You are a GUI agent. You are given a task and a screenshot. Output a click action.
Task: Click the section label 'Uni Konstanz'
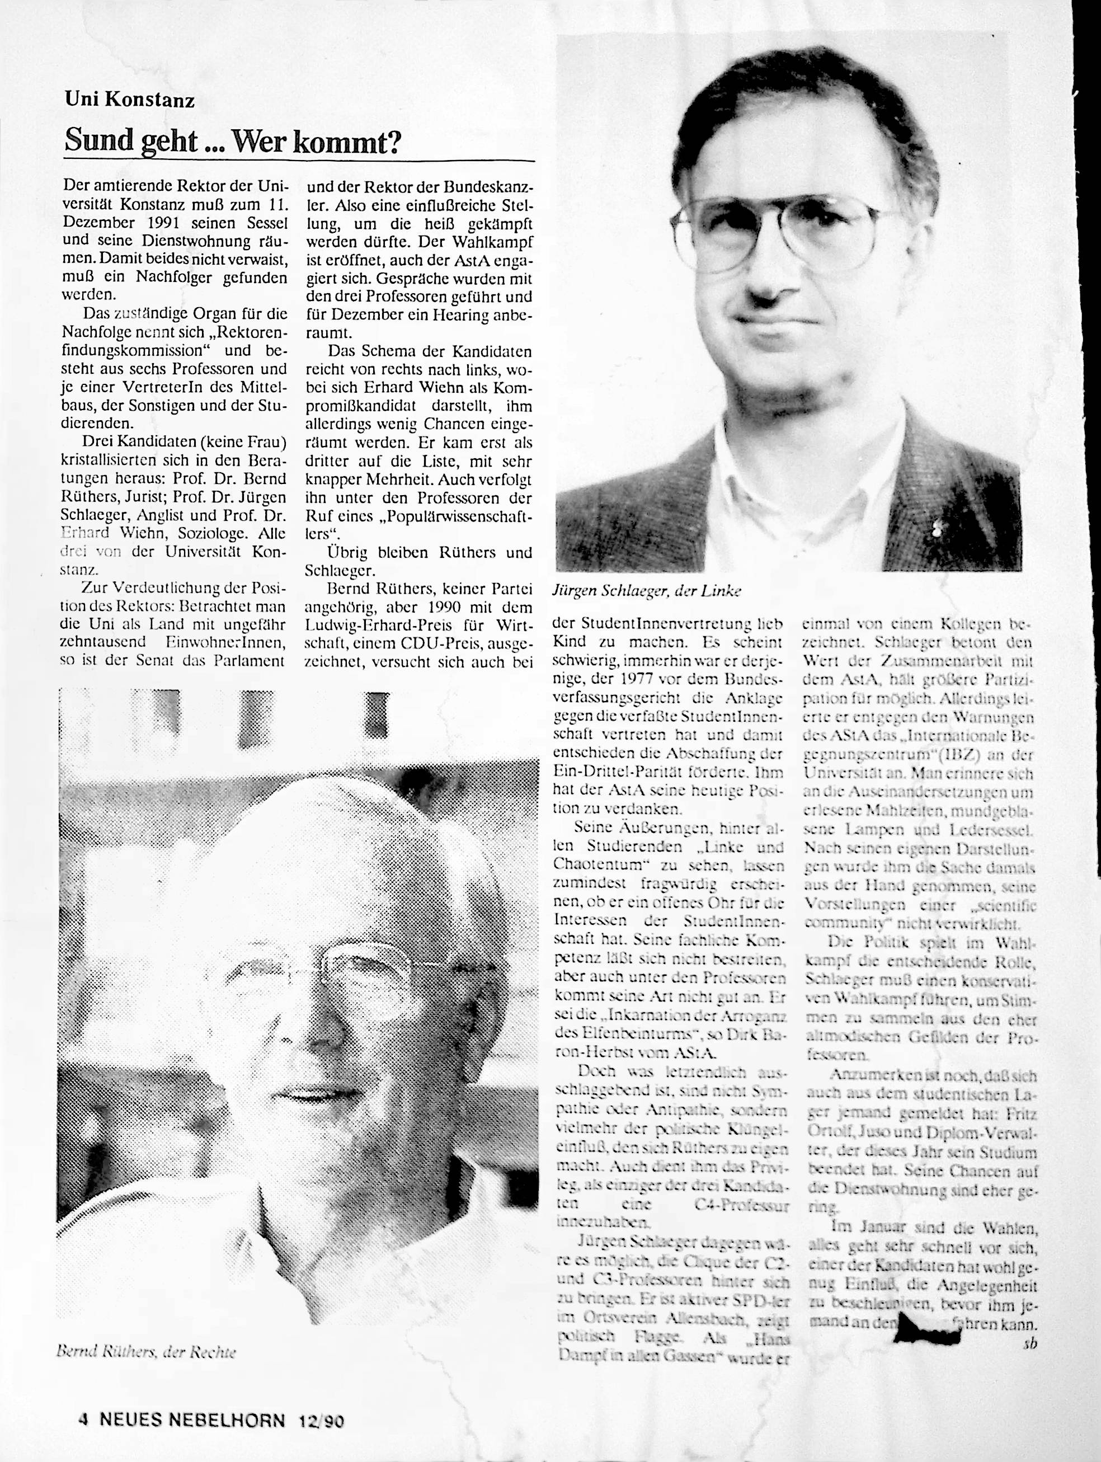[130, 100]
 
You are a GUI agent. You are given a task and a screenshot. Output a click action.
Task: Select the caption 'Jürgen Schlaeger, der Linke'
[646, 591]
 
